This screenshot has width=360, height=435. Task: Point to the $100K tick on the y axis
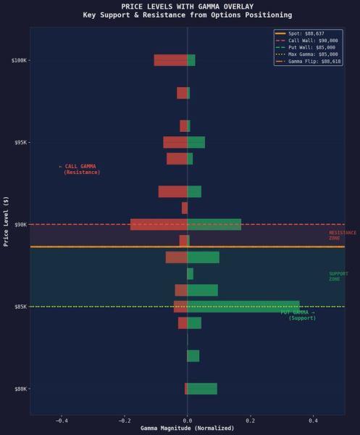[20, 60]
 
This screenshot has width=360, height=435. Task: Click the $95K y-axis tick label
[21, 142]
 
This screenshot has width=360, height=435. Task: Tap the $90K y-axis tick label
[21, 225]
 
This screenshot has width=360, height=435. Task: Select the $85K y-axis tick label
[21, 307]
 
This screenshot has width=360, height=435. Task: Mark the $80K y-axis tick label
[21, 389]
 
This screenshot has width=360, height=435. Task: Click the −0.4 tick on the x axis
[62, 420]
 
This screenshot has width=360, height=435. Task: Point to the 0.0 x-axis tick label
[187, 420]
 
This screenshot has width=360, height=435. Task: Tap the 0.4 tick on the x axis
[313, 420]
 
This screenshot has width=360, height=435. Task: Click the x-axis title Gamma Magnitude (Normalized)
[187, 428]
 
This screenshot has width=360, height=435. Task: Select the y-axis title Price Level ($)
[6, 221]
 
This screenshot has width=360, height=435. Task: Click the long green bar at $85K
[243, 307]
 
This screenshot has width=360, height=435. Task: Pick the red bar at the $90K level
[159, 225]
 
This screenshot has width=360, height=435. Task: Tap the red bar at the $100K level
[170, 60]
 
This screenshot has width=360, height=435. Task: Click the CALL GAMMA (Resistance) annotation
[80, 170]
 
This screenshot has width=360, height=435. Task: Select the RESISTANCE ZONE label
[342, 236]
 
